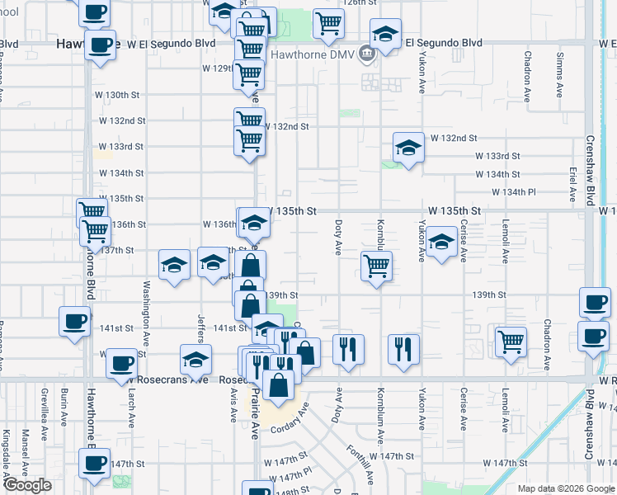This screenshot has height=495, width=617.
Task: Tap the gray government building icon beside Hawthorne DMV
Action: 367,55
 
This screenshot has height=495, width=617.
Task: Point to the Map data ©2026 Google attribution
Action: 566,488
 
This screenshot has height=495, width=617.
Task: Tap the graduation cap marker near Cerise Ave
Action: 441,243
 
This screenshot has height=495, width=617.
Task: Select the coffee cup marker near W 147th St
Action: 94,462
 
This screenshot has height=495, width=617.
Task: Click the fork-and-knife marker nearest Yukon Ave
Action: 403,346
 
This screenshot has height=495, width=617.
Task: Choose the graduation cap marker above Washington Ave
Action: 174,265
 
